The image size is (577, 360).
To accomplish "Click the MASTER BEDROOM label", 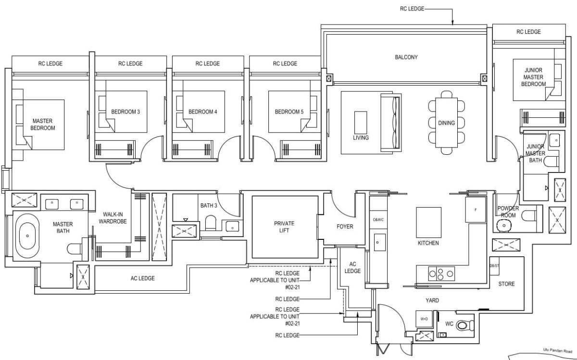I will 43,124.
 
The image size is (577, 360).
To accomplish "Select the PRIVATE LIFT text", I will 284,227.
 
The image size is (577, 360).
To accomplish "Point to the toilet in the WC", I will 462,326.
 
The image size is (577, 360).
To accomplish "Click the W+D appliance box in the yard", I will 424,319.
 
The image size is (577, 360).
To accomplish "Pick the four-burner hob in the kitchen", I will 441,273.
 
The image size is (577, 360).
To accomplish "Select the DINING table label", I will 446,123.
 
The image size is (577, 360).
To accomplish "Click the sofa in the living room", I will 390,123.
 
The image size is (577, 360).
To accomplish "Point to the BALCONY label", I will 406,57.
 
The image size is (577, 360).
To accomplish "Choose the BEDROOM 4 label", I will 202,112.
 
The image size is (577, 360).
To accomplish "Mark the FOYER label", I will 344,226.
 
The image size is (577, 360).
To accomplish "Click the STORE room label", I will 506,284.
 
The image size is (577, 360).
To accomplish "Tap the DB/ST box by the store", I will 493,266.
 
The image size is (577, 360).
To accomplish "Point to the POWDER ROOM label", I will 508,212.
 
